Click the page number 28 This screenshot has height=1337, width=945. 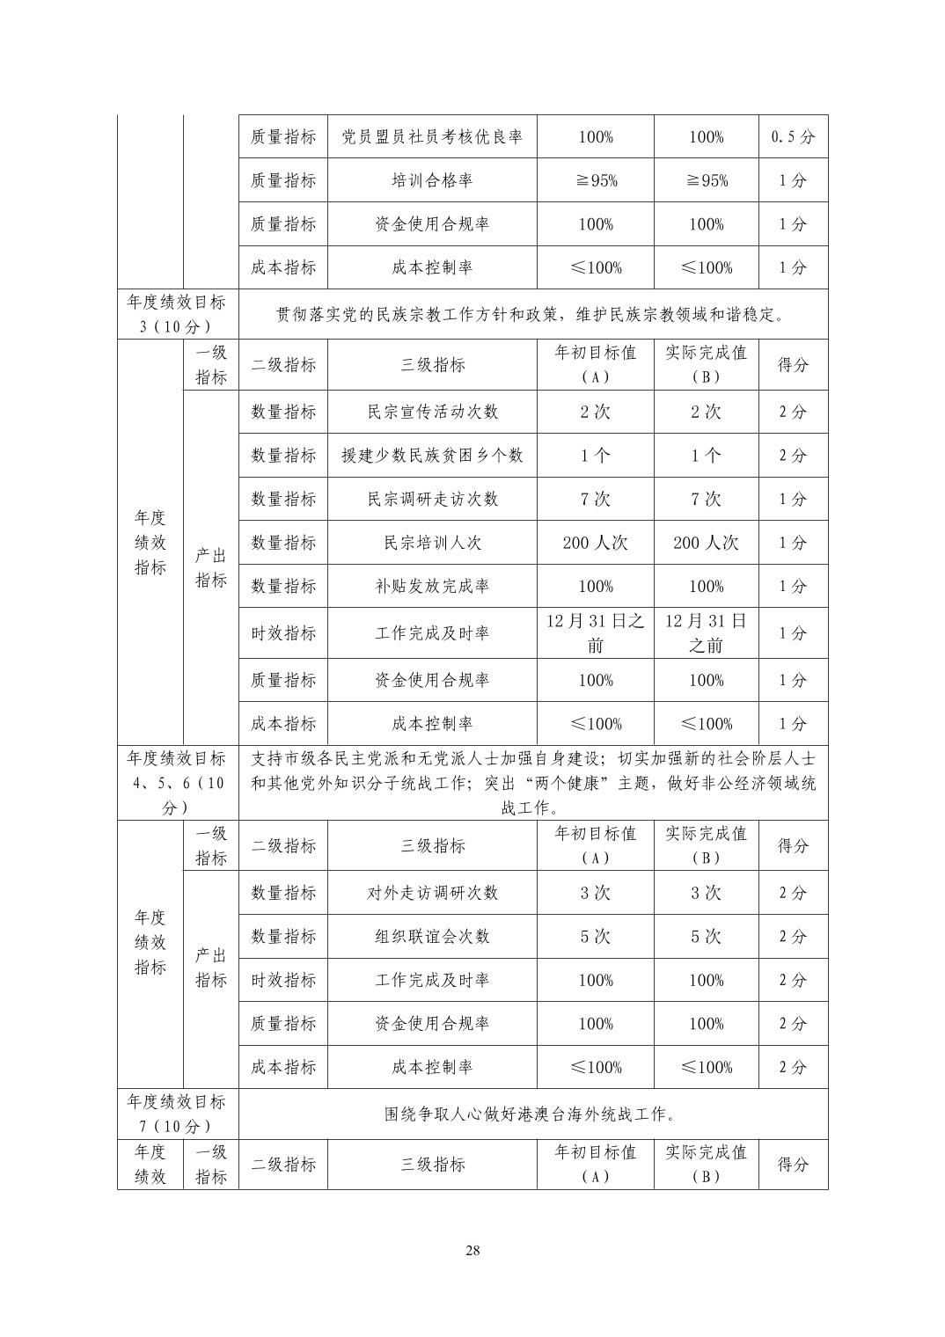click(x=472, y=1251)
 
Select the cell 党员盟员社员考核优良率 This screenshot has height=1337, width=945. click(x=432, y=137)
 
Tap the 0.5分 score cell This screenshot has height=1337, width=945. click(x=793, y=137)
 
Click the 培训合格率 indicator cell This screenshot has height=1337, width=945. click(x=432, y=180)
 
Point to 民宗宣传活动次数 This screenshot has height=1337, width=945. click(x=432, y=412)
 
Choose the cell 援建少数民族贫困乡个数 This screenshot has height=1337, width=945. click(x=432, y=456)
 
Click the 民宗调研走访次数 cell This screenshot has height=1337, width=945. click(x=432, y=499)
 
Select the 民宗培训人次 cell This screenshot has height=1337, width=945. click(x=432, y=543)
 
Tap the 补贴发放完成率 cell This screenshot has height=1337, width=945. click(x=432, y=586)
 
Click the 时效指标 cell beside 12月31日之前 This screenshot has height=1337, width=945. click(x=283, y=633)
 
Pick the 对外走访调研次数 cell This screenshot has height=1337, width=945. click(x=432, y=893)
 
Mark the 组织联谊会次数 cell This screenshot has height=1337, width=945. click(x=432, y=937)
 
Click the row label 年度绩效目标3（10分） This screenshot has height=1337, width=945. click(x=177, y=314)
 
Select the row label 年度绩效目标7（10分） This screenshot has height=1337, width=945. click(x=177, y=1114)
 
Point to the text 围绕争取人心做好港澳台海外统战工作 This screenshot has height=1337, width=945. click(x=532, y=1114)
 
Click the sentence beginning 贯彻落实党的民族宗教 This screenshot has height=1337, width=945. click(x=532, y=314)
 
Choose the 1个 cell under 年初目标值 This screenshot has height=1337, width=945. click(x=596, y=456)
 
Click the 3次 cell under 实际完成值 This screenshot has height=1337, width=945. click(x=706, y=893)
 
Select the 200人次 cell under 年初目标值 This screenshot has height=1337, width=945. click(x=596, y=543)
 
